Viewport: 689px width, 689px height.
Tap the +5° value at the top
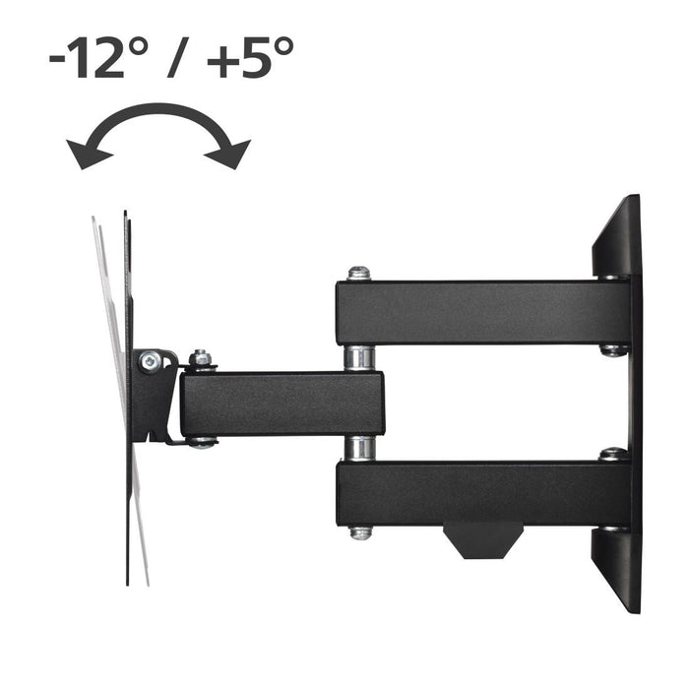[248, 58]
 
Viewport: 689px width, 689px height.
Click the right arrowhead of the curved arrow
[234, 155]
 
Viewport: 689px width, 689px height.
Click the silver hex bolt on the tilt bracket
[148, 363]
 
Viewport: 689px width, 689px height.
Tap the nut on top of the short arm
[201, 358]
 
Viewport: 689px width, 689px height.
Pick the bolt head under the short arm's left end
[201, 442]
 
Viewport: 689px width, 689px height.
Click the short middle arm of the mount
[281, 404]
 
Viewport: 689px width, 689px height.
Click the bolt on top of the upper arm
[359, 273]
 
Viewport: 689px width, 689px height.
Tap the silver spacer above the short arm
[359, 357]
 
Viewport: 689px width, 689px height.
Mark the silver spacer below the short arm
[359, 449]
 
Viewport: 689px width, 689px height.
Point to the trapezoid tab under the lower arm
[481, 539]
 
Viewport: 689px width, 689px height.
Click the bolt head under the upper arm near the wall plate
[612, 349]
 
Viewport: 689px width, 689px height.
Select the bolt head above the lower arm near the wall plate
[612, 454]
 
